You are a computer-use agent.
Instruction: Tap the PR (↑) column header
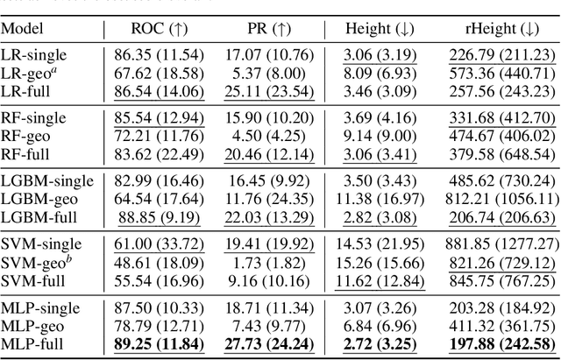269,29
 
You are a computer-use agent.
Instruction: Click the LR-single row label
34,55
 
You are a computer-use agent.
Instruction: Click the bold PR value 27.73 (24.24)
269,342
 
